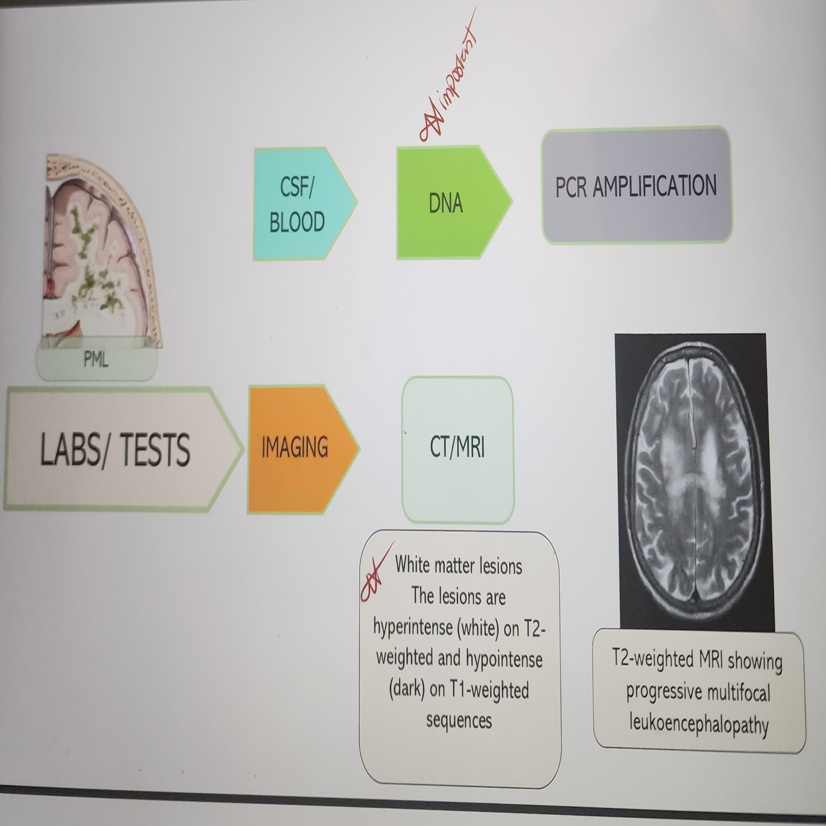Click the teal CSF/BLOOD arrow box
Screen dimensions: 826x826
(300, 204)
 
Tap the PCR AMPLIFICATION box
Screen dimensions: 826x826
(636, 186)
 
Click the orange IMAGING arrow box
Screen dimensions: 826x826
(297, 448)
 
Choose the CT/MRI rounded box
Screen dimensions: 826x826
(458, 448)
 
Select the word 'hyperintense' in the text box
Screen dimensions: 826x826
(413, 628)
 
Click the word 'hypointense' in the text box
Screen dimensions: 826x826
(504, 659)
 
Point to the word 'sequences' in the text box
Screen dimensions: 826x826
(459, 721)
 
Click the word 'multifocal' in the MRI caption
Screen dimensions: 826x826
(731, 692)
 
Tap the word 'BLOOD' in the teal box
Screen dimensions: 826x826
(297, 222)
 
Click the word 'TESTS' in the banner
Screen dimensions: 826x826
(155, 450)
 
